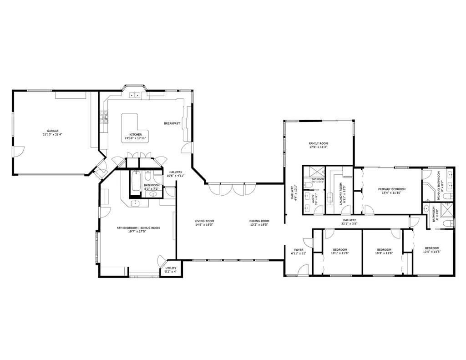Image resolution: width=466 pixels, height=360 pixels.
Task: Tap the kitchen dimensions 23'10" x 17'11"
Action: click(136, 138)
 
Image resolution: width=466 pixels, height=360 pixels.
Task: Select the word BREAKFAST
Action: click(172, 123)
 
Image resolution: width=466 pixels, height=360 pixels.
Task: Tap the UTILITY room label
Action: click(171, 268)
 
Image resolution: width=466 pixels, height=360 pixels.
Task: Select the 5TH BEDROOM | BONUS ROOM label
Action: click(138, 228)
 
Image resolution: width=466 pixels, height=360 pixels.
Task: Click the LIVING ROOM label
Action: click(204, 221)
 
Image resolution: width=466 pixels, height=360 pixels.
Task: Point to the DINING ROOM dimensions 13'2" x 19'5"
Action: click(259, 225)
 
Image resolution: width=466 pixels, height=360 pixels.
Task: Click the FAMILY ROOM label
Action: click(318, 143)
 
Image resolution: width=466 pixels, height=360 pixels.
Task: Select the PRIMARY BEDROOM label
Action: click(392, 189)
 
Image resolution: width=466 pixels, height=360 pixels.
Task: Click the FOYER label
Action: click(299, 249)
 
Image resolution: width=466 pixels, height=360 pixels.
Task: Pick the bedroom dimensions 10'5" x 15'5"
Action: click(432, 252)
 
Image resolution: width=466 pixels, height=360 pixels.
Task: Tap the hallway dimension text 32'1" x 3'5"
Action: click(350, 224)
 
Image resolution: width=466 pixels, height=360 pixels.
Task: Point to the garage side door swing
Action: click(18, 152)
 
